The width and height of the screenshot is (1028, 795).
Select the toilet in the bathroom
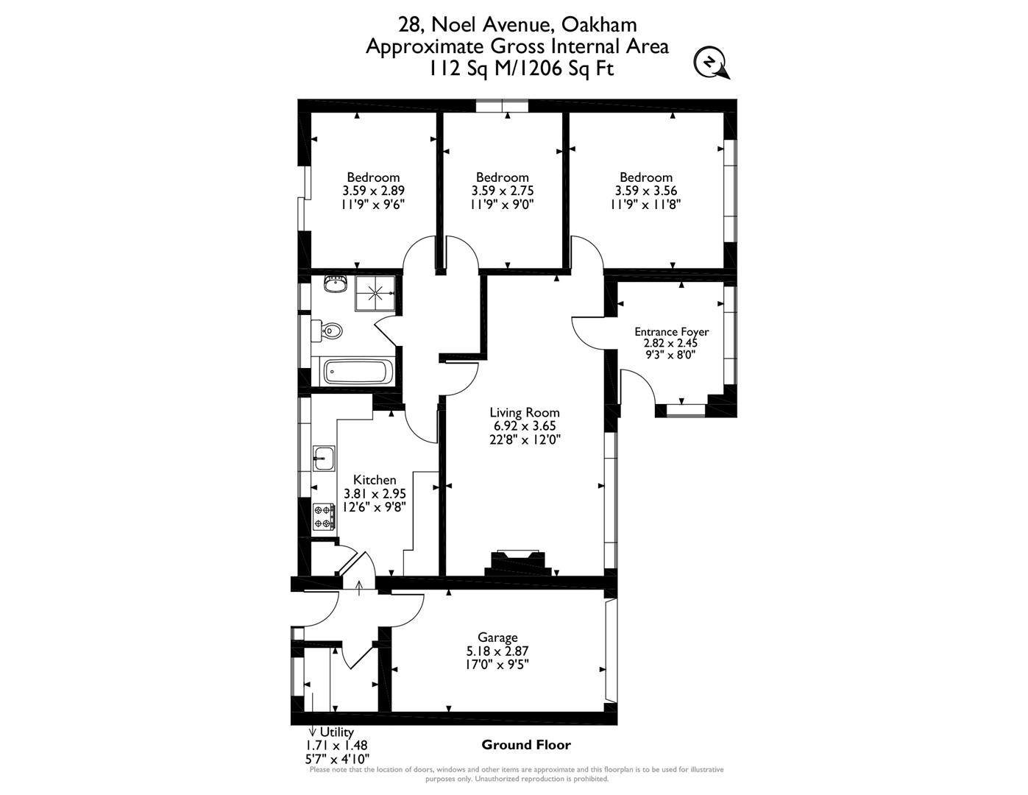click(330, 331)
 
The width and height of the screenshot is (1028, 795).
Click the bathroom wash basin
click(336, 283)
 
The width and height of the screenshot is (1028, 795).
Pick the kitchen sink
click(324, 459)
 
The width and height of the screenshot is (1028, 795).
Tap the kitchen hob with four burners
click(324, 516)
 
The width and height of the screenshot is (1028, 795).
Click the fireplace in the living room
click(520, 562)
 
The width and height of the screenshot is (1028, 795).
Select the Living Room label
click(525, 413)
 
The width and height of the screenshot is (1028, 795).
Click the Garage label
click(497, 637)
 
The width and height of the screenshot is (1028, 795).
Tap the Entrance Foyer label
click(671, 332)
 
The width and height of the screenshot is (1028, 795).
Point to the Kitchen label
click(375, 480)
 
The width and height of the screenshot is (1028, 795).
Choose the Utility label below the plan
click(336, 732)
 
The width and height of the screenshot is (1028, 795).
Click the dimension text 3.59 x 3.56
click(645, 191)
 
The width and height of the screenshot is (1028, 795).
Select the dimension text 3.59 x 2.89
click(373, 191)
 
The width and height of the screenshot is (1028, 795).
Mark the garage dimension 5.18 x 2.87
click(497, 651)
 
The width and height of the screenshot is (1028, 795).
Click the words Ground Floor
click(525, 745)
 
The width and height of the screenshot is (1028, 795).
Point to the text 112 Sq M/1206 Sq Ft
click(521, 68)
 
